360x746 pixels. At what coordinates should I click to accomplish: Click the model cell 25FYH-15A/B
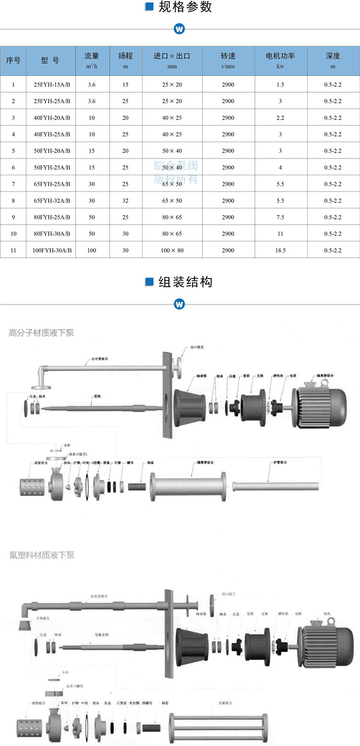coord(51,84)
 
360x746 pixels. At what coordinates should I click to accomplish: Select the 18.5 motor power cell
coord(280,250)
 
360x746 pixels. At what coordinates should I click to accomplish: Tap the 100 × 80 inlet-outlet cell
coord(172,250)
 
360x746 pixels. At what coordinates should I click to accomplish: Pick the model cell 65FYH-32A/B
coord(51,201)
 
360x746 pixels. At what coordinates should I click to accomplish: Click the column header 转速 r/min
coord(228,60)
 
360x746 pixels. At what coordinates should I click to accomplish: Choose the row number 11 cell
coord(13,250)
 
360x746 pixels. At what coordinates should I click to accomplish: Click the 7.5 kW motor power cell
coord(280,217)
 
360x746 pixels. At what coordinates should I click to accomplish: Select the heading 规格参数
coord(185,8)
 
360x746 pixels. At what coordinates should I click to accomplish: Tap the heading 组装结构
coord(185,282)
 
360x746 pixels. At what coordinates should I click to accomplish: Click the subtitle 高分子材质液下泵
coord(41,332)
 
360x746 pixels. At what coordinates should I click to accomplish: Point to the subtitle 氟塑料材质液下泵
coord(41,555)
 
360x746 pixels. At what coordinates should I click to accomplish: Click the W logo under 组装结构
coord(180,304)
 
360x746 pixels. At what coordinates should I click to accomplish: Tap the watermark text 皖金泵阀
coord(176,166)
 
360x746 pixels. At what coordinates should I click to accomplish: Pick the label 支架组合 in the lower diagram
coord(225,703)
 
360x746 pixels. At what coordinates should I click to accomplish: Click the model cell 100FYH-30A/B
coord(51,250)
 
